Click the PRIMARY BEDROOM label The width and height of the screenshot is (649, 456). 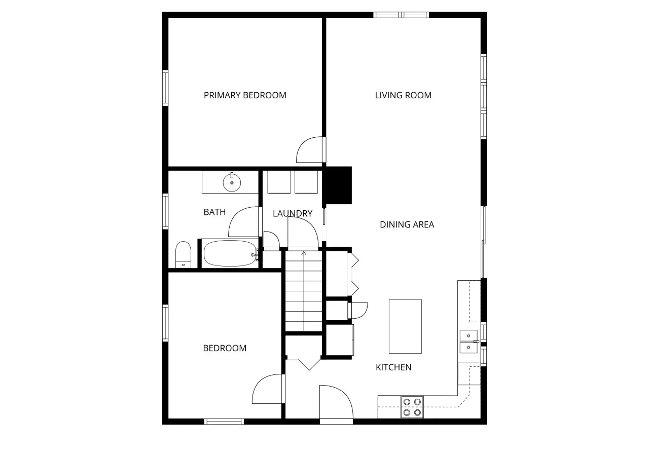pyautogui.click(x=245, y=95)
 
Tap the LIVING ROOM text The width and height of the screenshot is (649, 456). pyautogui.click(x=403, y=95)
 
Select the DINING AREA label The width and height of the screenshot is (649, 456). pyautogui.click(x=407, y=224)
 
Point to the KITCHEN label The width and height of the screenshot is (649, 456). pyautogui.click(x=393, y=367)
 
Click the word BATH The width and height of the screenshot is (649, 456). pyautogui.click(x=214, y=212)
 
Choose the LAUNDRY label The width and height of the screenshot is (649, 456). pyautogui.click(x=293, y=214)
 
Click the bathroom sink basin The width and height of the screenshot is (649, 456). pyautogui.click(x=232, y=183)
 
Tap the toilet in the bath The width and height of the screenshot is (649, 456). pyautogui.click(x=184, y=254)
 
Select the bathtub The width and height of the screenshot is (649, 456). pyautogui.click(x=230, y=253)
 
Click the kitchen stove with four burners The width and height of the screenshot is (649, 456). pyautogui.click(x=412, y=407)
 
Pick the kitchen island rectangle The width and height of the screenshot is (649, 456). pyautogui.click(x=405, y=326)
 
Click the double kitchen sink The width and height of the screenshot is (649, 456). pyautogui.click(x=468, y=341)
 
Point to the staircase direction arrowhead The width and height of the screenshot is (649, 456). pyautogui.click(x=304, y=253)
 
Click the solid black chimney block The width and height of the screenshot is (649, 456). pyautogui.click(x=337, y=185)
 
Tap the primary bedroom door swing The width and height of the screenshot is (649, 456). pyautogui.click(x=310, y=149)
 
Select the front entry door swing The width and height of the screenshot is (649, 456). pyautogui.click(x=336, y=402)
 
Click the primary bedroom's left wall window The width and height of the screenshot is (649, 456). pyautogui.click(x=165, y=88)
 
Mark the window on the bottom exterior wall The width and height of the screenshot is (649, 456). pyautogui.click(x=224, y=422)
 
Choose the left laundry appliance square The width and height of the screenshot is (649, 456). pyautogui.click(x=279, y=182)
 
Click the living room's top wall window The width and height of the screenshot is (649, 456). pyautogui.click(x=401, y=15)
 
